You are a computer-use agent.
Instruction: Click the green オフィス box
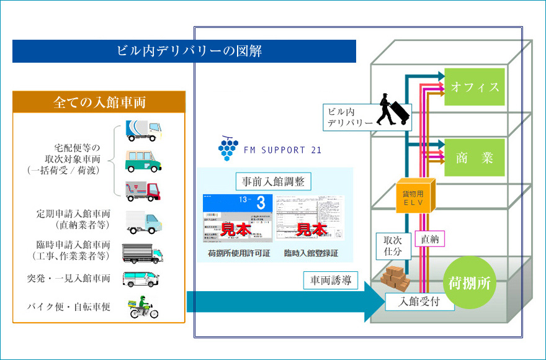[x=474, y=86]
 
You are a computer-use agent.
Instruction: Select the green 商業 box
[x=474, y=158]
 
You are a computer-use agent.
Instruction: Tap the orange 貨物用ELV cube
[x=415, y=197]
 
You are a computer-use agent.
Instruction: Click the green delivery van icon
[x=143, y=161]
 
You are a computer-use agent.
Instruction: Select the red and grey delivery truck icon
[x=143, y=191]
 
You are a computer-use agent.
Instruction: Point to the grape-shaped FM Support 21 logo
[x=227, y=149]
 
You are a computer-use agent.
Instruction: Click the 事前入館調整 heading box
[x=274, y=181]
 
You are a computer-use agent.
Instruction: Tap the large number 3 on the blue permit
[x=261, y=203]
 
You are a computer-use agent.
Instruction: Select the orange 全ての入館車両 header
[x=99, y=102]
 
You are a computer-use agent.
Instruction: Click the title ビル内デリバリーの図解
[x=184, y=51]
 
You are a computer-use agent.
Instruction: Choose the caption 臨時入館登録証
[x=311, y=253]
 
